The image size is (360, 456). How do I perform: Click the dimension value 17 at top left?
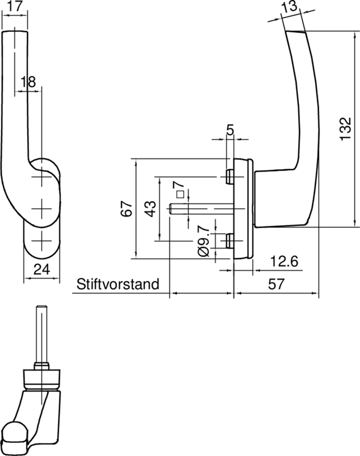pyautogui.click(x=15, y=8)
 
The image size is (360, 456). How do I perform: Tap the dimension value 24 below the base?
pyautogui.click(x=41, y=270)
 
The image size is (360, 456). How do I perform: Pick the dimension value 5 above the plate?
pyautogui.click(x=230, y=131)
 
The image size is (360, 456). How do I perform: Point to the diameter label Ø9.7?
pyautogui.click(x=203, y=241)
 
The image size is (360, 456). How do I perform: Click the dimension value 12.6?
pyautogui.click(x=283, y=262)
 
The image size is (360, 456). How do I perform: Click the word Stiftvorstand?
pyautogui.click(x=117, y=284)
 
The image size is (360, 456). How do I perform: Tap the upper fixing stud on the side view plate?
pyautogui.click(x=229, y=177)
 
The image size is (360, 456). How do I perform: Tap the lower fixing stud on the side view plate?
pyautogui.click(x=229, y=241)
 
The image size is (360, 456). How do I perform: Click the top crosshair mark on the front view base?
pyautogui.click(x=41, y=178)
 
